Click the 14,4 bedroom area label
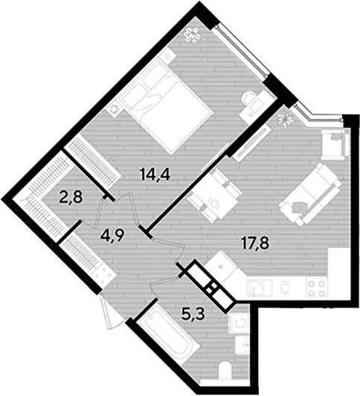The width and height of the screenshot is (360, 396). point(155,175)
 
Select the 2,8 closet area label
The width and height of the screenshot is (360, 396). point(71,197)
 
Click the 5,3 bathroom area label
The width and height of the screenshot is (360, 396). point(193,314)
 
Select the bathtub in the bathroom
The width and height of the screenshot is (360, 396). point(166,337)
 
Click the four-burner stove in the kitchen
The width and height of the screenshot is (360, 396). point(316,288)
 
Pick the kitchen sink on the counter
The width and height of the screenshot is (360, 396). point(259,288)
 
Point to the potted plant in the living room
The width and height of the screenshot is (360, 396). point(285,118)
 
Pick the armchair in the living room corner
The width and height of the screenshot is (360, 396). point(335,144)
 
